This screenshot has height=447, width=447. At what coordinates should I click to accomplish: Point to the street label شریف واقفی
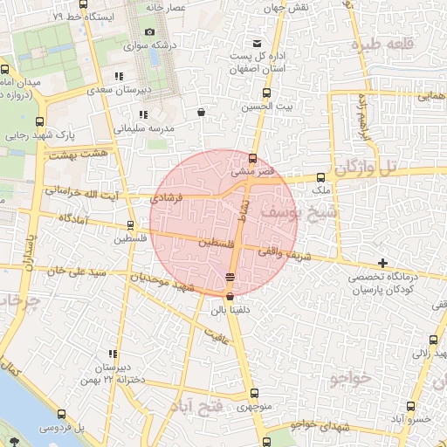280,252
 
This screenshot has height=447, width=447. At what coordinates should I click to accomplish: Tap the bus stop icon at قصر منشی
252,159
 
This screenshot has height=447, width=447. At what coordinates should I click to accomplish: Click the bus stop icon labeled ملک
320,177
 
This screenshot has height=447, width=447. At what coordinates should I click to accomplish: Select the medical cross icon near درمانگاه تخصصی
382,263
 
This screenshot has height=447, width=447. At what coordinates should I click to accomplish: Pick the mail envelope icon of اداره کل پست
256,45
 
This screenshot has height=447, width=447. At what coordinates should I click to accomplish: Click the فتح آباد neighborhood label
206,409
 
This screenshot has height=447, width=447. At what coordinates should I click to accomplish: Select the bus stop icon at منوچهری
254,393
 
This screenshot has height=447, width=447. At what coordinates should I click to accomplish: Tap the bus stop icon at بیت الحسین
266,93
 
